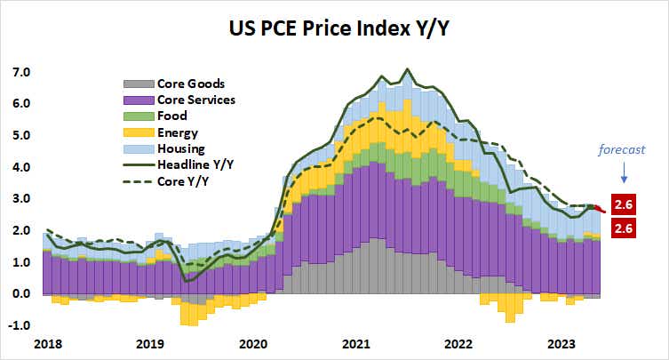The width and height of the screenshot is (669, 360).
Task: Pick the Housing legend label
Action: click(180, 148)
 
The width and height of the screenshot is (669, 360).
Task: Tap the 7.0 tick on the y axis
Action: click(20, 72)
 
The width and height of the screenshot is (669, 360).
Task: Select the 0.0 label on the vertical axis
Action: click(20, 294)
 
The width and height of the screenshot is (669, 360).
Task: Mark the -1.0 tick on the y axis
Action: click(19, 326)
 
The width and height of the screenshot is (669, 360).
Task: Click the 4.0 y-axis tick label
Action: click(20, 167)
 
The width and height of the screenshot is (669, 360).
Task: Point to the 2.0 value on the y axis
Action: click(20, 231)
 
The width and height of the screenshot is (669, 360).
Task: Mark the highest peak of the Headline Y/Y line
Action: click(407, 68)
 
